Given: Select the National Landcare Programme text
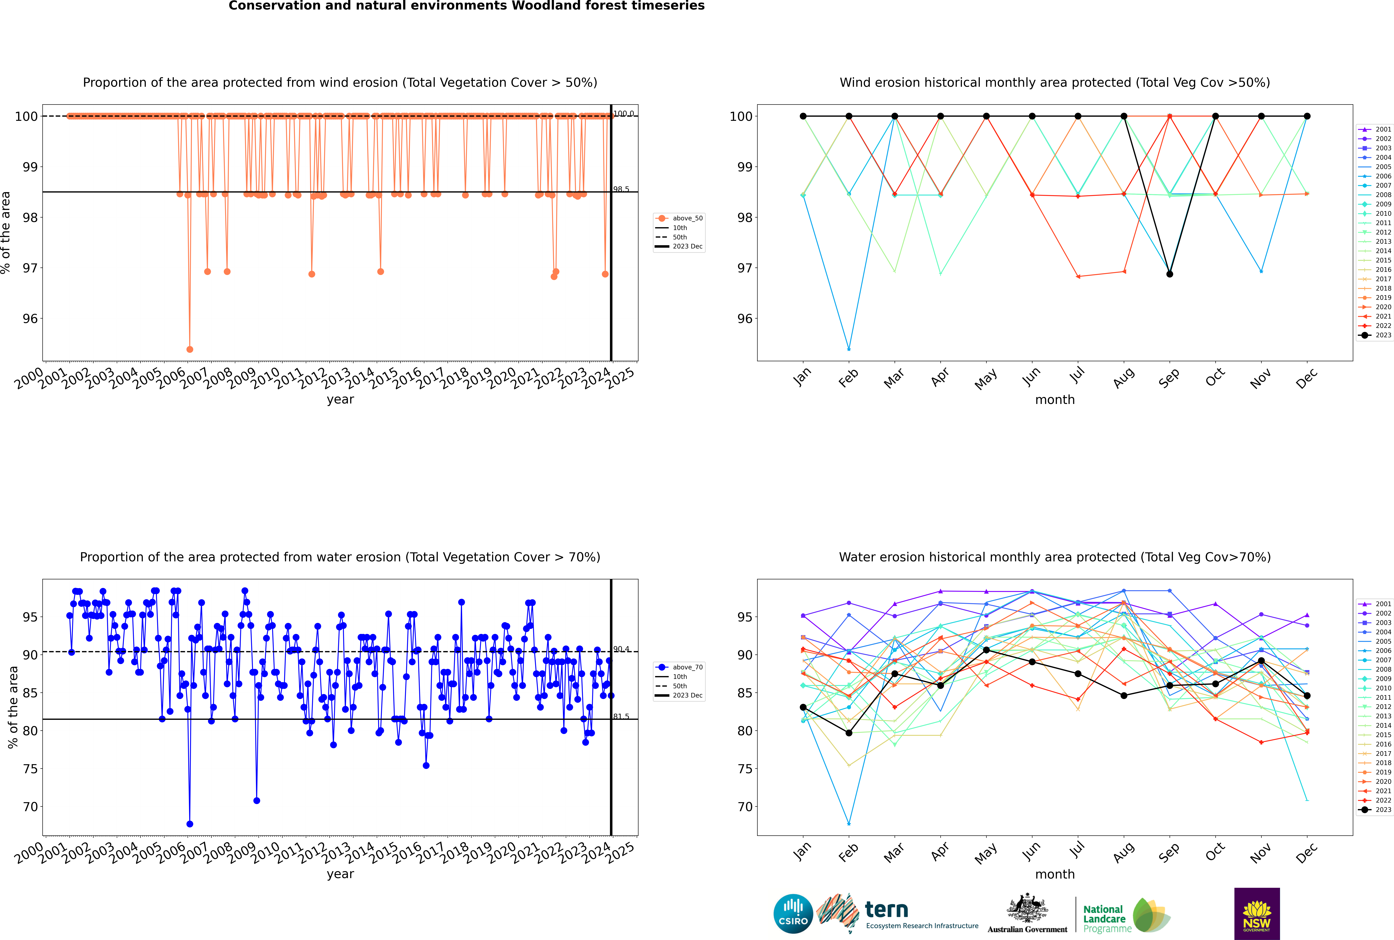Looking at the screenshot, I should click(x=1104, y=918).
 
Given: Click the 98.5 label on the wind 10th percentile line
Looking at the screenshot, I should click(x=621, y=189).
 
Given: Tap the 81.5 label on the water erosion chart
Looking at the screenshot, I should click(x=621, y=716).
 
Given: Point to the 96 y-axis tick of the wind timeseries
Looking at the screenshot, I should click(x=30, y=318).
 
